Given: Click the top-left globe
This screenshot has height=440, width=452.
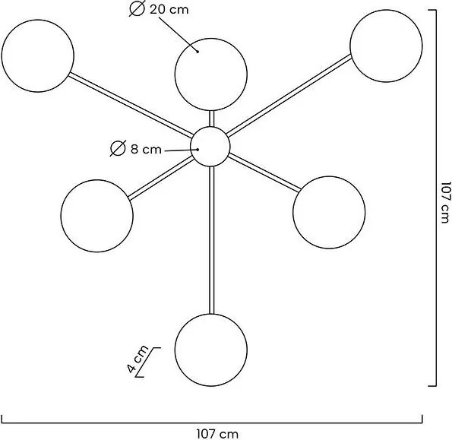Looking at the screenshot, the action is coord(38,56).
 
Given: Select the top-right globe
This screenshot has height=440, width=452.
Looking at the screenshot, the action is coord(386,46).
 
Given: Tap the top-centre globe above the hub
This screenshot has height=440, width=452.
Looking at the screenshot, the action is coord(211,74).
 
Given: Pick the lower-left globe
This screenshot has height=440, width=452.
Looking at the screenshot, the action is coord(97,216).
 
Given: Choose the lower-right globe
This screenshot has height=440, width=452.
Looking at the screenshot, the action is coord(329,213).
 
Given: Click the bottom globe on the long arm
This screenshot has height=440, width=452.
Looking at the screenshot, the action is coord(211,350).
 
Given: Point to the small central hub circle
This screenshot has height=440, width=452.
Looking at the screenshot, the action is coord(210,147).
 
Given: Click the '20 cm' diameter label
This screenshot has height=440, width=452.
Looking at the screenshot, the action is coord(169,10).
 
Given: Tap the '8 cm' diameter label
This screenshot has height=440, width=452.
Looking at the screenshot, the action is coord(146,150).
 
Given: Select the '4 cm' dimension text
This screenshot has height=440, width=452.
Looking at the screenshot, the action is coord(137,359).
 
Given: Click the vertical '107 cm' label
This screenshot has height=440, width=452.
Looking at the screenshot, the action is coord(445,202).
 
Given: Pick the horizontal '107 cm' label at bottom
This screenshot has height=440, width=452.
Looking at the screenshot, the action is coord(217,434).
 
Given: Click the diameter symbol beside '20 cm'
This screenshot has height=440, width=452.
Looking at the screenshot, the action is coord(137,9).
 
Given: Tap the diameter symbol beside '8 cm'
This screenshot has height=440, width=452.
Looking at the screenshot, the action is coord(118,148).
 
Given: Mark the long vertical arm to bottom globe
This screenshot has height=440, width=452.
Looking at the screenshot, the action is coord(212,240).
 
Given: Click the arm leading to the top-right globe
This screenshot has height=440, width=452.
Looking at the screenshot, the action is coord(289,96).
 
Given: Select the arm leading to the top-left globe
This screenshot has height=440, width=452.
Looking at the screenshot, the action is coord(131,105).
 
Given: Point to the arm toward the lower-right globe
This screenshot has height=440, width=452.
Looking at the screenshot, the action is coord(264,173).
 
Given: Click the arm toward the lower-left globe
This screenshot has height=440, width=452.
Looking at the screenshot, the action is coord(161,178).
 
